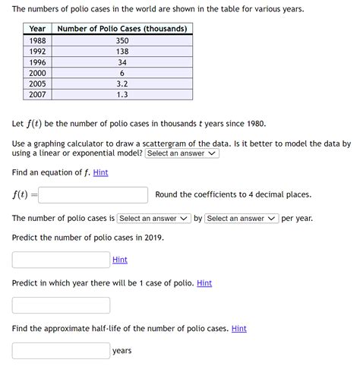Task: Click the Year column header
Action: click(37, 29)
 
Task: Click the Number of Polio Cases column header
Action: click(122, 29)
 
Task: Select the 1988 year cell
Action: click(37, 40)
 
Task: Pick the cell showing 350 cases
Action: click(122, 40)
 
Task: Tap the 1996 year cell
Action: click(37, 62)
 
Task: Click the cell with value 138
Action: click(122, 52)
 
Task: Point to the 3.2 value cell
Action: click(122, 84)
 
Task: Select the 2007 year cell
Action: click(37, 95)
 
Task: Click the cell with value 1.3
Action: click(122, 95)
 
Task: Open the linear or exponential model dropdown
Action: click(182, 153)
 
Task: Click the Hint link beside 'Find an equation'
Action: click(100, 172)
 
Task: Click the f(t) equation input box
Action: click(93, 195)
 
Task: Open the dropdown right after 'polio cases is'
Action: click(153, 219)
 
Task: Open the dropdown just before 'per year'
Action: click(242, 219)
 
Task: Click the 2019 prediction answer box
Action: click(61, 260)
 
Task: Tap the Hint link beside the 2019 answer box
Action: click(120, 260)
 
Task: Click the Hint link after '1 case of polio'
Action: click(204, 283)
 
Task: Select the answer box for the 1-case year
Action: click(61, 305)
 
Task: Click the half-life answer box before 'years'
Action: click(61, 351)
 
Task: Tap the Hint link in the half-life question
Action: click(239, 329)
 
